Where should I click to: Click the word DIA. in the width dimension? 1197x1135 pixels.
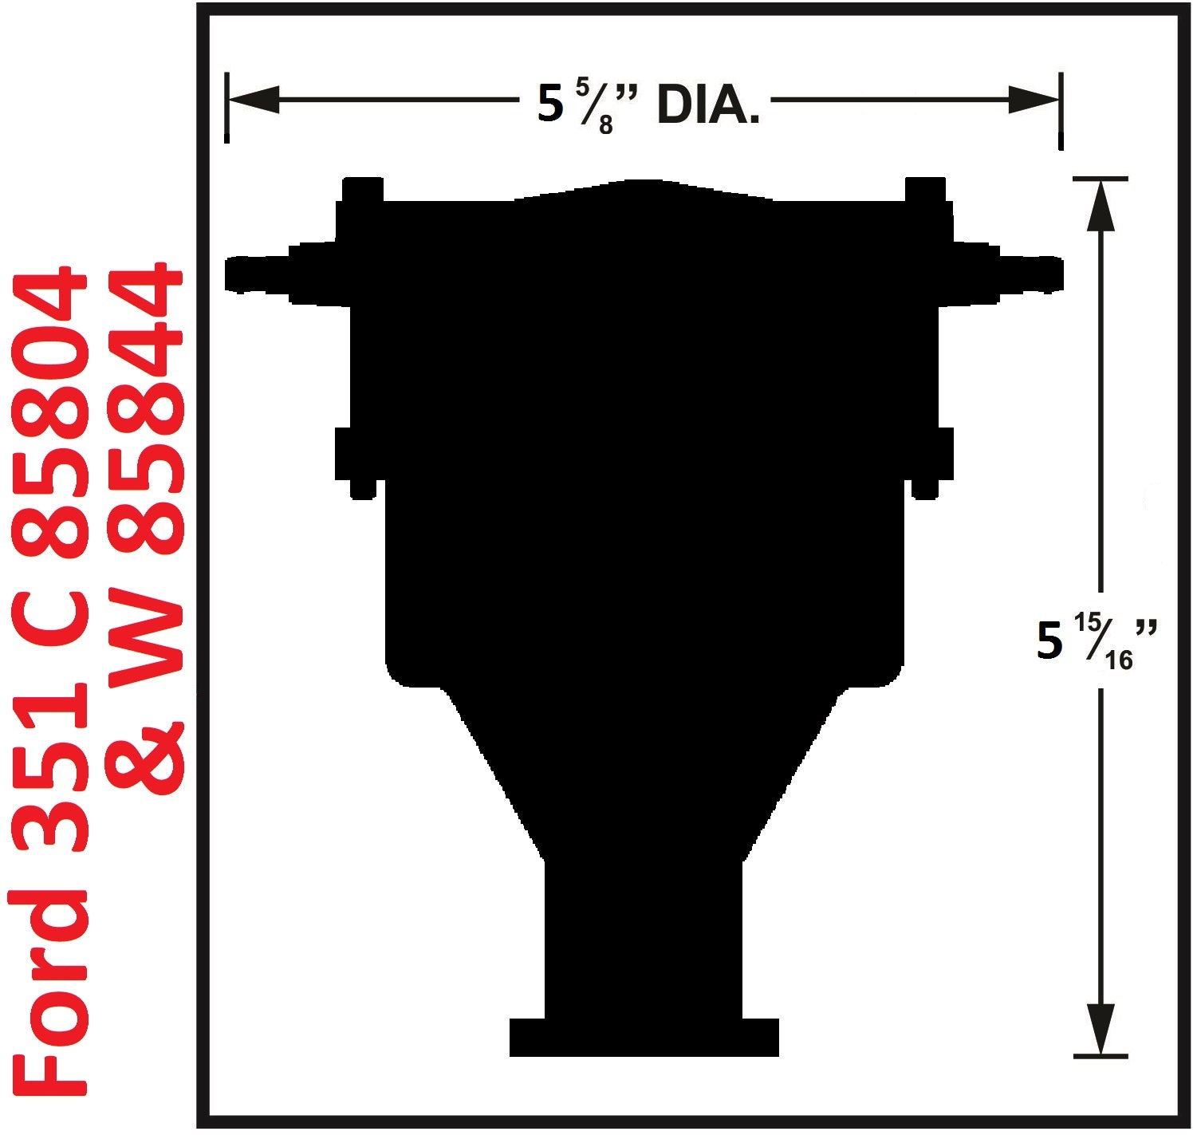coord(707,106)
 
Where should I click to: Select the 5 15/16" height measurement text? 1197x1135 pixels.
coord(1096,643)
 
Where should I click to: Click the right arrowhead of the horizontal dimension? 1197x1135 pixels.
coord(1034,100)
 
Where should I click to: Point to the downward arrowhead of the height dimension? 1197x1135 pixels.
coord(1101,1029)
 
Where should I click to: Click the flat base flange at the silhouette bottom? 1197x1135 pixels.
coord(644,1038)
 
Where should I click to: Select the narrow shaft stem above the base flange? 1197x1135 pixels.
coord(644,941)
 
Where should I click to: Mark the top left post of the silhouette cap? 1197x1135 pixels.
coord(363,191)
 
